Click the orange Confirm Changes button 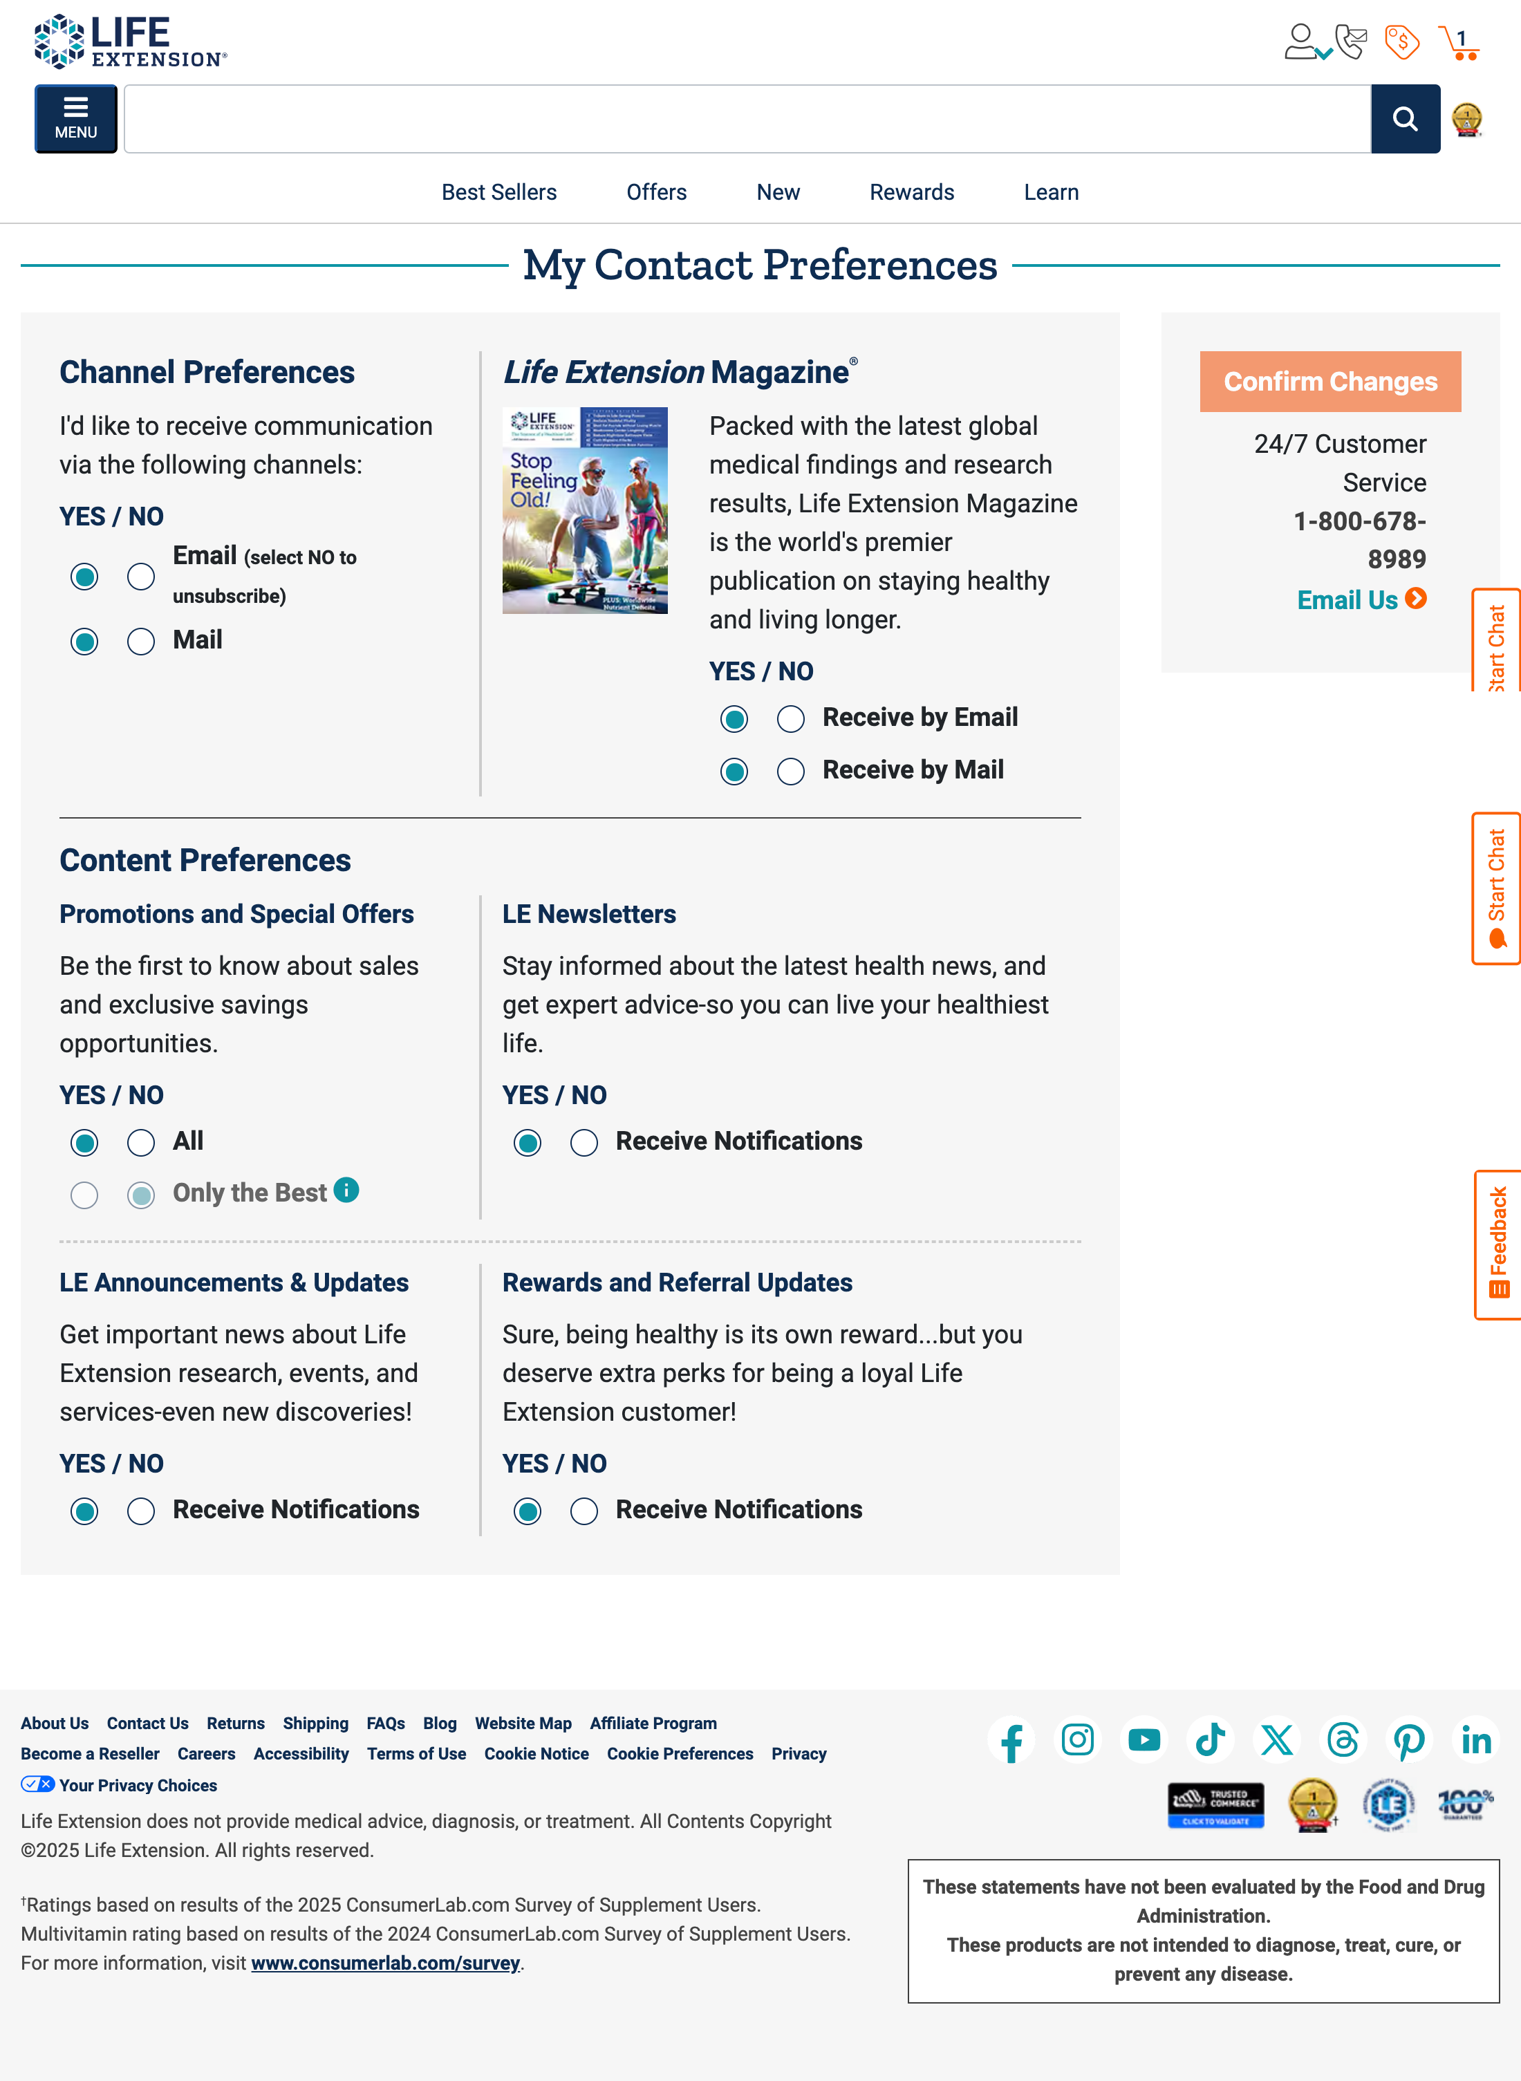(x=1329, y=381)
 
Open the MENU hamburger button (x=75, y=119)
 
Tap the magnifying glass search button (x=1404, y=119)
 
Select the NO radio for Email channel (x=141, y=577)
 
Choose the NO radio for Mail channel (x=141, y=642)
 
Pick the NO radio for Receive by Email (x=790, y=719)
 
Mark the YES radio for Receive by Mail (x=734, y=772)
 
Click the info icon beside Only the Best (x=346, y=1190)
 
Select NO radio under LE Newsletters (x=584, y=1144)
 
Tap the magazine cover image (x=585, y=511)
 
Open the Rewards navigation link (x=911, y=192)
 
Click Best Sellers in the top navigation (x=499, y=192)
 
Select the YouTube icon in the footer (x=1144, y=1740)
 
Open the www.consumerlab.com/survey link (x=385, y=1963)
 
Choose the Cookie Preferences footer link (x=680, y=1754)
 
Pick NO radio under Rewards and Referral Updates (x=584, y=1512)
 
